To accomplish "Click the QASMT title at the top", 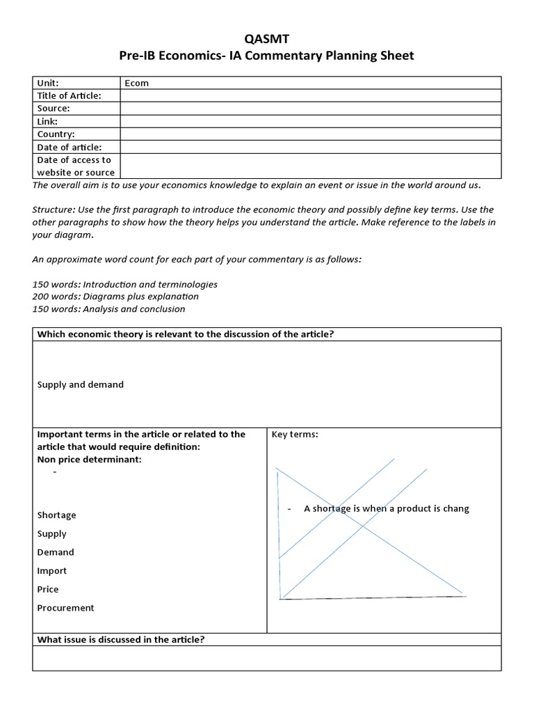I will click(x=266, y=40).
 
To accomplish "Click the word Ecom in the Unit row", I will click(x=136, y=83).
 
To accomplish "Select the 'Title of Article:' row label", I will click(x=69, y=95).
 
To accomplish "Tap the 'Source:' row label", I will click(x=54, y=109).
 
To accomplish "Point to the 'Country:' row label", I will click(x=56, y=134).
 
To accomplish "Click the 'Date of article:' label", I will click(x=69, y=147).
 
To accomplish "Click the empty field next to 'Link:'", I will click(x=310, y=121).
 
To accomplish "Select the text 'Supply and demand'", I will click(x=80, y=384).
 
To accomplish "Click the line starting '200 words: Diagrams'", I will click(x=116, y=297).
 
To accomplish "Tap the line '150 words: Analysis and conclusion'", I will click(x=108, y=309).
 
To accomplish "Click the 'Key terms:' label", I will click(x=295, y=434).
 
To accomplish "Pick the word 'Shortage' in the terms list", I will click(x=56, y=515).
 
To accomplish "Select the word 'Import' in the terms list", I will click(x=51, y=571).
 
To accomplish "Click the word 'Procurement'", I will click(x=65, y=608).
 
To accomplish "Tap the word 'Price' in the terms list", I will click(x=48, y=589).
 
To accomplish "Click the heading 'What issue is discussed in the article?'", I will click(x=120, y=639).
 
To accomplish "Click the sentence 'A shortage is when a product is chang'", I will click(x=386, y=508).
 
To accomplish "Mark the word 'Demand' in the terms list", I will click(x=55, y=552).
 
